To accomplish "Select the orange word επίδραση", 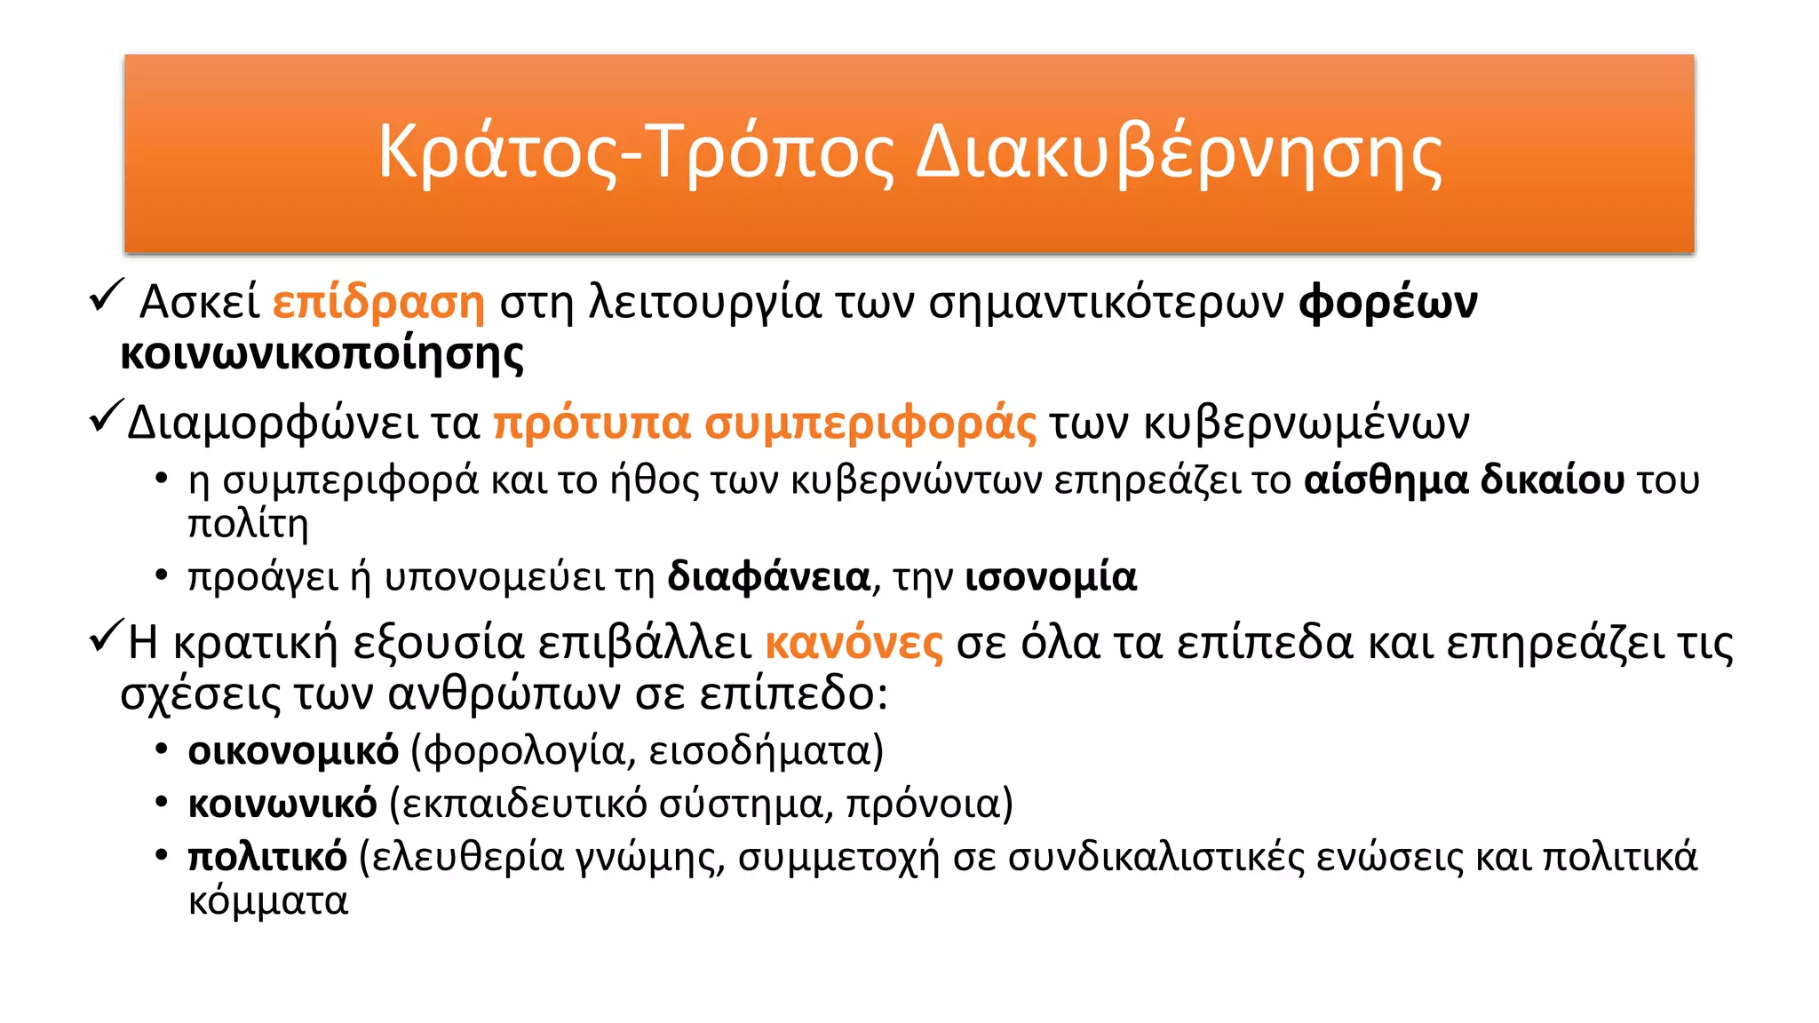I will tap(378, 302).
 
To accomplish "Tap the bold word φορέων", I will tap(1387, 302).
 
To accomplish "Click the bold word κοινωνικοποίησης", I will tap(322, 353).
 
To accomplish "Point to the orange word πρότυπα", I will tap(592, 423).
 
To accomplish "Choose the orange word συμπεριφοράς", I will tap(870, 423).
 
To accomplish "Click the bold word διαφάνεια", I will tap(768, 577).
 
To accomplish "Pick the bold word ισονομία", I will tap(1051, 577).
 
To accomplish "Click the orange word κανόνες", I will tap(854, 643).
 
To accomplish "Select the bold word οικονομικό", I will tap(293, 751).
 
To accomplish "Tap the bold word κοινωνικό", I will tap(282, 805).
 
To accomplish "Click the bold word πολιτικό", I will tap(267, 858).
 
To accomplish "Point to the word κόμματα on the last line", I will tap(268, 902).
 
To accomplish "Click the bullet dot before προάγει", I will tap(161, 576).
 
